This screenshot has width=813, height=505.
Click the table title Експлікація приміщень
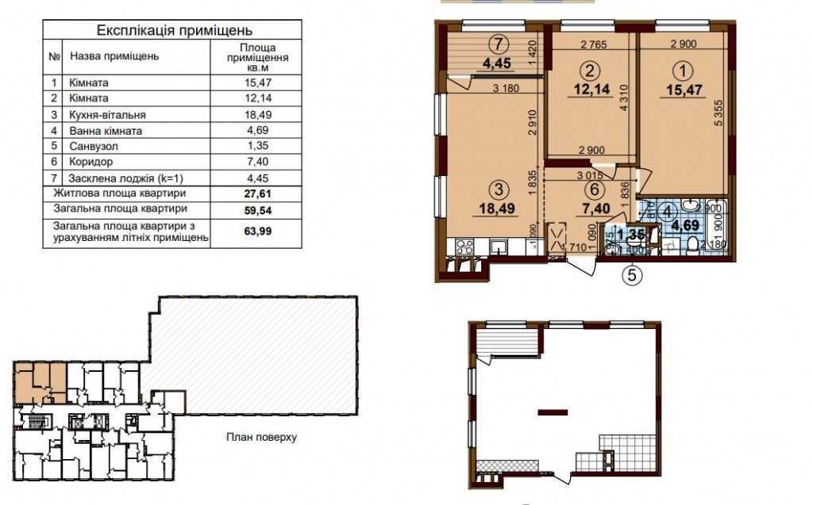(x=174, y=31)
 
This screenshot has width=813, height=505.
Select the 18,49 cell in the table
(x=256, y=115)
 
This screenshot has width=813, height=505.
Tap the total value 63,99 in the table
(x=256, y=231)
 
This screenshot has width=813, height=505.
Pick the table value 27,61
(x=256, y=193)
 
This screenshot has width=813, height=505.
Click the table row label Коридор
(x=91, y=163)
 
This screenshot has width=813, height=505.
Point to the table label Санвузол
(x=93, y=147)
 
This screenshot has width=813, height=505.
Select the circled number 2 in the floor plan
(x=588, y=69)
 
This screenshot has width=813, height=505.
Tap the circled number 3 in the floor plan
(x=498, y=189)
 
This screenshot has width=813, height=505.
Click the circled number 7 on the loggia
(x=498, y=43)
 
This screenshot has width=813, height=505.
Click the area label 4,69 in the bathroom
(x=686, y=224)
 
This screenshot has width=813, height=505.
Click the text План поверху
(x=260, y=437)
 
